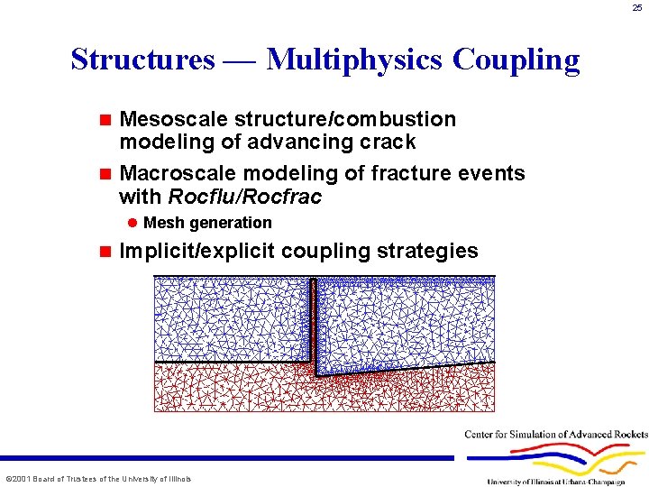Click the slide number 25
click(x=636, y=8)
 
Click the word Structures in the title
click(x=142, y=60)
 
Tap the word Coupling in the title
click(x=516, y=60)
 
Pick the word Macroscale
click(x=173, y=172)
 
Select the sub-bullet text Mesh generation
click(x=207, y=223)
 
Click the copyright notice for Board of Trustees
click(x=98, y=478)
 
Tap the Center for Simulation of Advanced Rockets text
click(x=556, y=435)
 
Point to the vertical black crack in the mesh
click(x=314, y=325)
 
